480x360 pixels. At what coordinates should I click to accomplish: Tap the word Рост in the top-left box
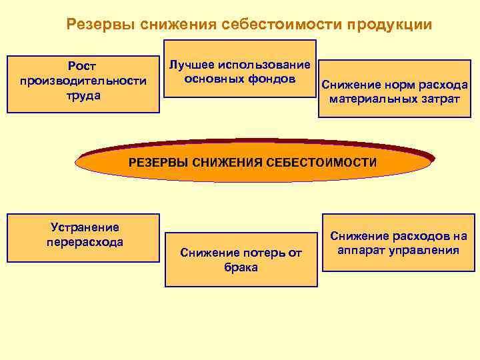(x=83, y=67)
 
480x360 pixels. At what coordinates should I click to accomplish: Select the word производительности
(x=83, y=81)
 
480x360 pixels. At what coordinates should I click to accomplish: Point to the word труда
(x=83, y=95)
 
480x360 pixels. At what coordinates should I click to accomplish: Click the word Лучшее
(x=191, y=65)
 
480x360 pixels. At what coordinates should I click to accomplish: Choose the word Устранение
(x=85, y=227)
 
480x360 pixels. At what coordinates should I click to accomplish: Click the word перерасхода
(x=85, y=241)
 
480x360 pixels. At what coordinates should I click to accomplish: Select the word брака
(x=241, y=267)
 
